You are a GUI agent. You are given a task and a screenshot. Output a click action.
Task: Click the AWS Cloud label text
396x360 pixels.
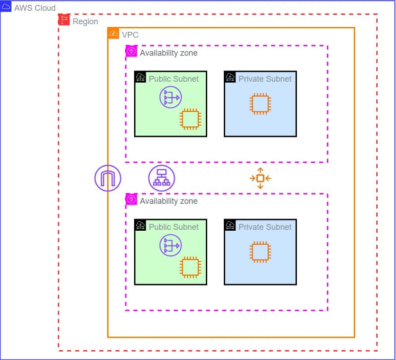pos(35,8)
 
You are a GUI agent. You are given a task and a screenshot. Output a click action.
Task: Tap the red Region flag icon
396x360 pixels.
pos(64,19)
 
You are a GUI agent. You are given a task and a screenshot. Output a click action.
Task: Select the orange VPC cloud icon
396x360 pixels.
pos(113,33)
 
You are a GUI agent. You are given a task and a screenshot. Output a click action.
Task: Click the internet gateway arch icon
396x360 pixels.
pos(108,178)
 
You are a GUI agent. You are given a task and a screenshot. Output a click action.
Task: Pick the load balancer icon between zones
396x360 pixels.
pos(161,178)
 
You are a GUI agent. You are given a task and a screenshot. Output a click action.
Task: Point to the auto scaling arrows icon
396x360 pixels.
pos(260,178)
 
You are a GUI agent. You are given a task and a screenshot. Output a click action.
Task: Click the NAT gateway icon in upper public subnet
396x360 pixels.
pos(170,97)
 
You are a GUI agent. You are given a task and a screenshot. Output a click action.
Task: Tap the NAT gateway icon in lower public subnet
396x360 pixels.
pos(170,246)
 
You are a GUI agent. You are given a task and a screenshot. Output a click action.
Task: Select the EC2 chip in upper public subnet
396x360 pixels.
pos(190,119)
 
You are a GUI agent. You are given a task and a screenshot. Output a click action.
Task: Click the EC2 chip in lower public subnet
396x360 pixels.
pos(190,267)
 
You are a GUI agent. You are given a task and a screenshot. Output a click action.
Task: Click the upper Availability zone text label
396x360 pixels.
pos(169,53)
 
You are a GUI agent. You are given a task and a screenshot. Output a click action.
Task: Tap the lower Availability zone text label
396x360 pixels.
pos(169,201)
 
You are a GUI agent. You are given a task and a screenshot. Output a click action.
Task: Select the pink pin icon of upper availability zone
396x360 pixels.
pos(131,51)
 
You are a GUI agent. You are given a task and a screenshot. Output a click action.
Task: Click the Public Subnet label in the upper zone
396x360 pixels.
pos(174,79)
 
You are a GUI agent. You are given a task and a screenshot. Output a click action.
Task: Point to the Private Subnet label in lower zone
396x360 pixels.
pos(265,227)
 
